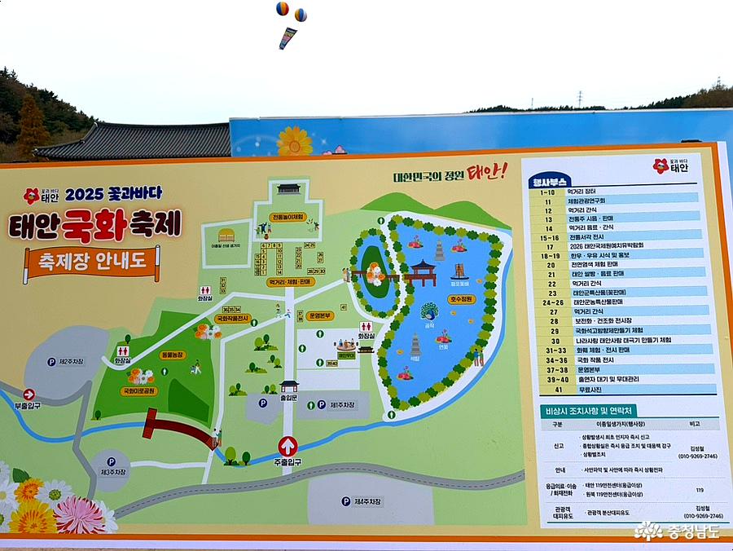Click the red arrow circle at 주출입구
[287, 446]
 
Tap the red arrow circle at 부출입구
[29, 395]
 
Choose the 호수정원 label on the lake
[460, 299]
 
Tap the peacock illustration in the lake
[429, 311]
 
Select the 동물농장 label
[172, 355]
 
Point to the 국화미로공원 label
[138, 390]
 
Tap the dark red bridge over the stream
[178, 429]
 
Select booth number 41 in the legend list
[554, 390]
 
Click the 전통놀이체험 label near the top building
[288, 217]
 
